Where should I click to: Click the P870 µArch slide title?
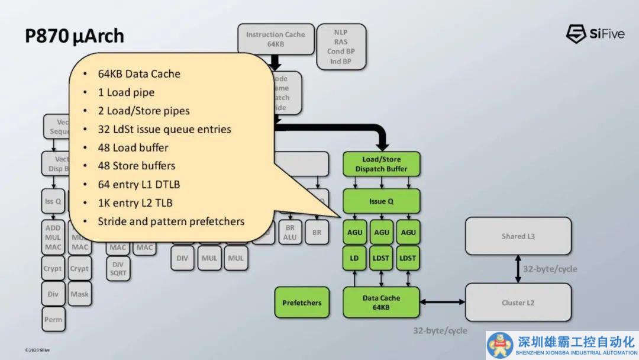75,36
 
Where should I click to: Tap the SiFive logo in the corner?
595,34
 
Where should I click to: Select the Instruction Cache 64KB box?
275,39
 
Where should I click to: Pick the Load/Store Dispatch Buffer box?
381,164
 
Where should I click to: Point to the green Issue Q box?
381,201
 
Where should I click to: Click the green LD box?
354,258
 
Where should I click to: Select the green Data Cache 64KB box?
381,302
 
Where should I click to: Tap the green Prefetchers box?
302,303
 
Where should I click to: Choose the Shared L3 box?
518,236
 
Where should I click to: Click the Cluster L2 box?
518,303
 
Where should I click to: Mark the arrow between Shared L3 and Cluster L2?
518,269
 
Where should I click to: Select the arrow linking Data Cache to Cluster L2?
443,303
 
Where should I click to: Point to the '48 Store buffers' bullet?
137,166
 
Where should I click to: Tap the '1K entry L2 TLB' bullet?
135,203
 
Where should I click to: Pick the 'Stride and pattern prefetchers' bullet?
171,221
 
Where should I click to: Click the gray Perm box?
53,320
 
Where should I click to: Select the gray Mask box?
79,294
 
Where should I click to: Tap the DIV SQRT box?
118,268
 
